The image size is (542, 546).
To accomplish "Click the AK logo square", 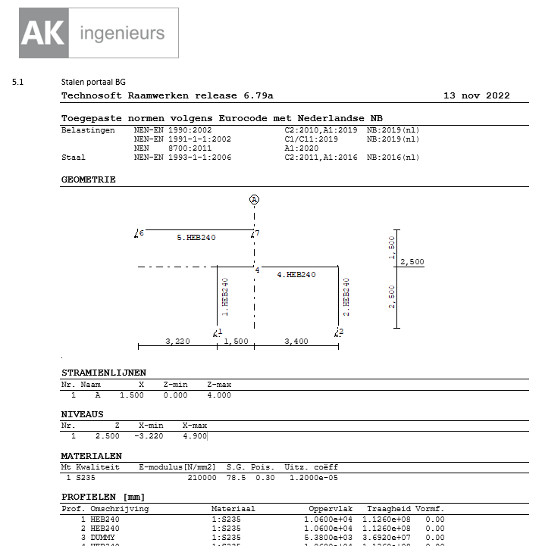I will (45, 33).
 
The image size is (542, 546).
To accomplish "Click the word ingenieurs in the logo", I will (121, 33).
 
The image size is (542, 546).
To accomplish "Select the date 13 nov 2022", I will (476, 95).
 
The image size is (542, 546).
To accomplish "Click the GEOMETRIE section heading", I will (88, 179).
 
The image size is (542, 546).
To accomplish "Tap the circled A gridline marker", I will (255, 199).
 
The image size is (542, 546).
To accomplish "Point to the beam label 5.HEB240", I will (196, 238).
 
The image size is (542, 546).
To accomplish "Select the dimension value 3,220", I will (177, 342).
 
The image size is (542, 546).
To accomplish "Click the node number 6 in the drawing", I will (141, 233).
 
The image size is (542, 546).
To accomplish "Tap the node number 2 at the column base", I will (341, 332).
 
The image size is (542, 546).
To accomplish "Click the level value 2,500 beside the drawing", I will (412, 262).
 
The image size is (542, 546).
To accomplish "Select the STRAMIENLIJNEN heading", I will (103, 373).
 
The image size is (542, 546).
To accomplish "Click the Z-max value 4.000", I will (218, 395).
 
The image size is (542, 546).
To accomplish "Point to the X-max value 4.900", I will (195, 436).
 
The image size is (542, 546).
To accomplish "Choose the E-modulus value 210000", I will (202, 478).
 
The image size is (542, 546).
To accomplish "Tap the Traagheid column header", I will (388, 509).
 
